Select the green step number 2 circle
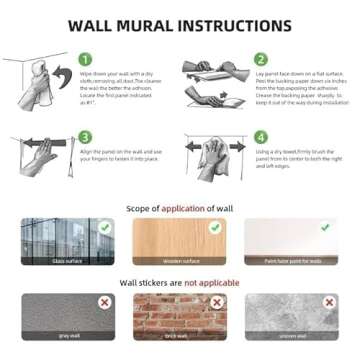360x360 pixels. point(260,59)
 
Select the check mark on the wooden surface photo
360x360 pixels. point(213,229)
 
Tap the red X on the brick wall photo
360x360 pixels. point(213,302)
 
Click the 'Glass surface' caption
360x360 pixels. point(69,260)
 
